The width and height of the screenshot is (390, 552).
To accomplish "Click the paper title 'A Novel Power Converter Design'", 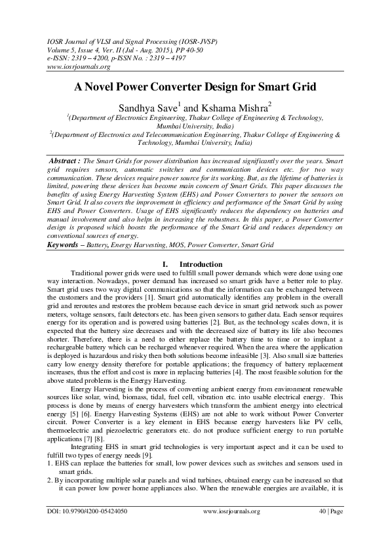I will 195,87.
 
